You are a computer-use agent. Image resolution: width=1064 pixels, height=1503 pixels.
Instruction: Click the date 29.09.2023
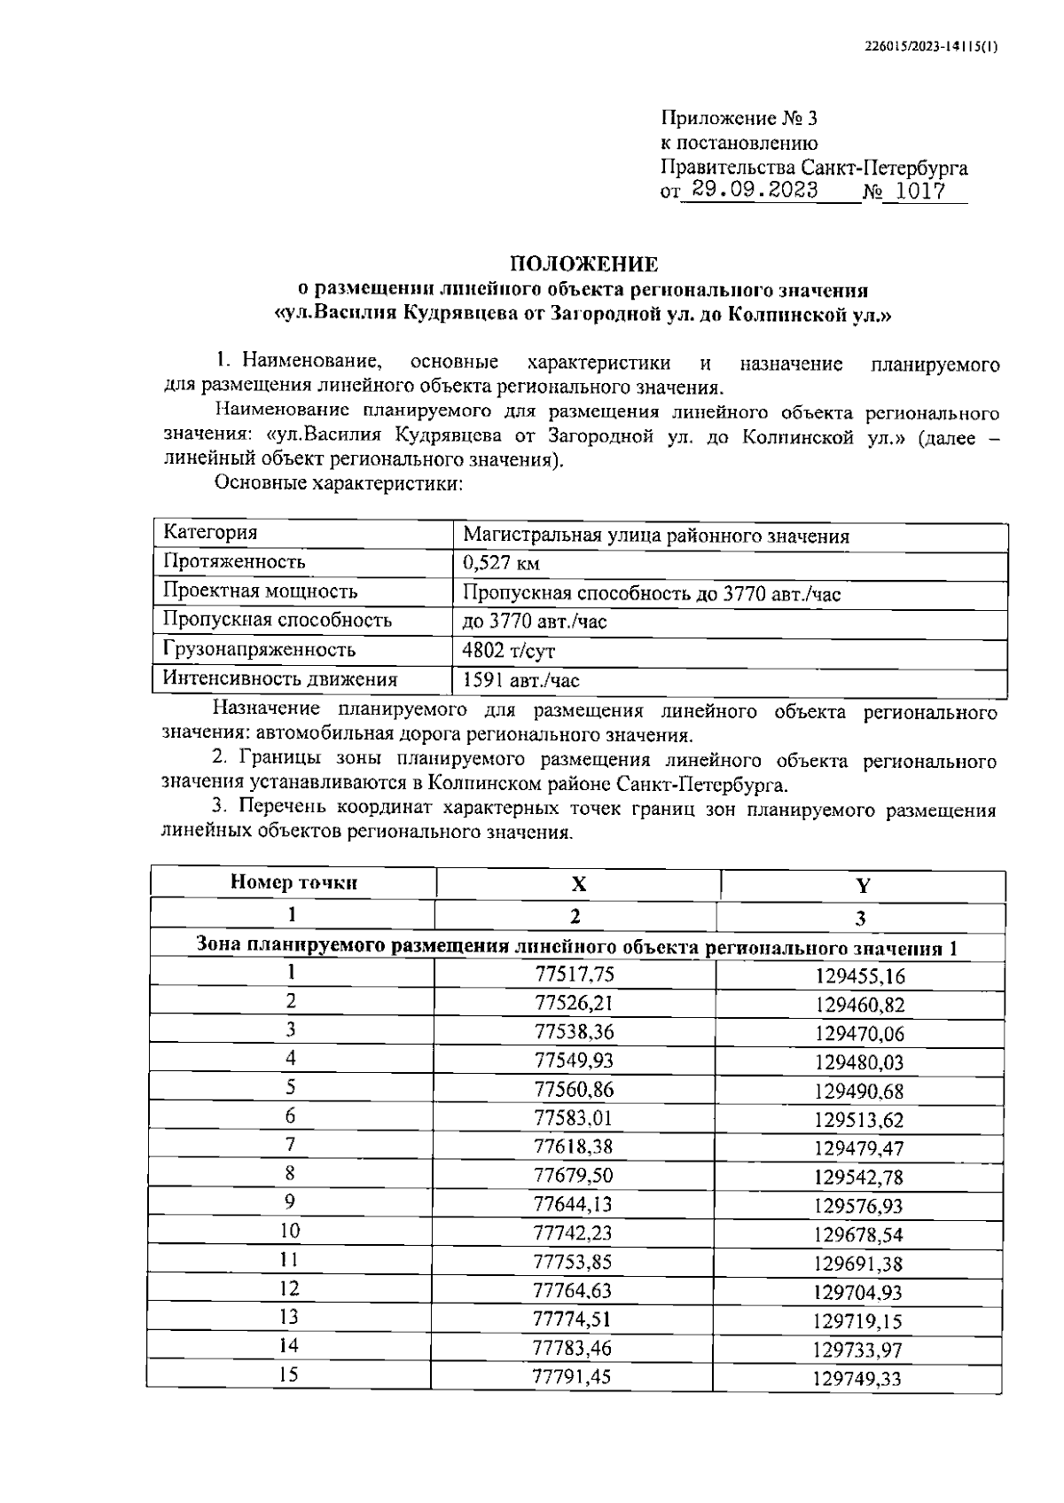[755, 190]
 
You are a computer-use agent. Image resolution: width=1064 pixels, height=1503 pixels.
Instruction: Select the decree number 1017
[915, 191]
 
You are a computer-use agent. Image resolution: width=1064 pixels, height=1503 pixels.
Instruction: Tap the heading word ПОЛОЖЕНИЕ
[583, 264]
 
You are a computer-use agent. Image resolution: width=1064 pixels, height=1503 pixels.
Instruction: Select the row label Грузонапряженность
[259, 650]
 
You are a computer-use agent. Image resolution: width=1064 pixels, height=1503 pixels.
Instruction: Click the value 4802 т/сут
[508, 652]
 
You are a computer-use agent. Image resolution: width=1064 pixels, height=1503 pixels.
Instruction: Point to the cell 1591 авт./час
[520, 681]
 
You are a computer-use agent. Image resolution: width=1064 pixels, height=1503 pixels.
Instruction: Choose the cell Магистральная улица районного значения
[655, 536]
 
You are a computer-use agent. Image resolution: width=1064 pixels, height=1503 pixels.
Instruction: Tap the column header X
[578, 884]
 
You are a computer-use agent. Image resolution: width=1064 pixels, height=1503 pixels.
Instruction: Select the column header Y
[862, 886]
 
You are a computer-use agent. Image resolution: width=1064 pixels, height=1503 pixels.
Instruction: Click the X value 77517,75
[575, 975]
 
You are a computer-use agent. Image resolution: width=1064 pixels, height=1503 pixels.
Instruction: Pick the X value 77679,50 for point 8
[574, 1176]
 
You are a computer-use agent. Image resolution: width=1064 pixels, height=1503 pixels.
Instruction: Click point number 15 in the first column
[289, 1374]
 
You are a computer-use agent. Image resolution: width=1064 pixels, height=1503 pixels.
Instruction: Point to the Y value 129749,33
[857, 1379]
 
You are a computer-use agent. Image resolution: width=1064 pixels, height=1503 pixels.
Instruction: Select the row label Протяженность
[234, 562]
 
